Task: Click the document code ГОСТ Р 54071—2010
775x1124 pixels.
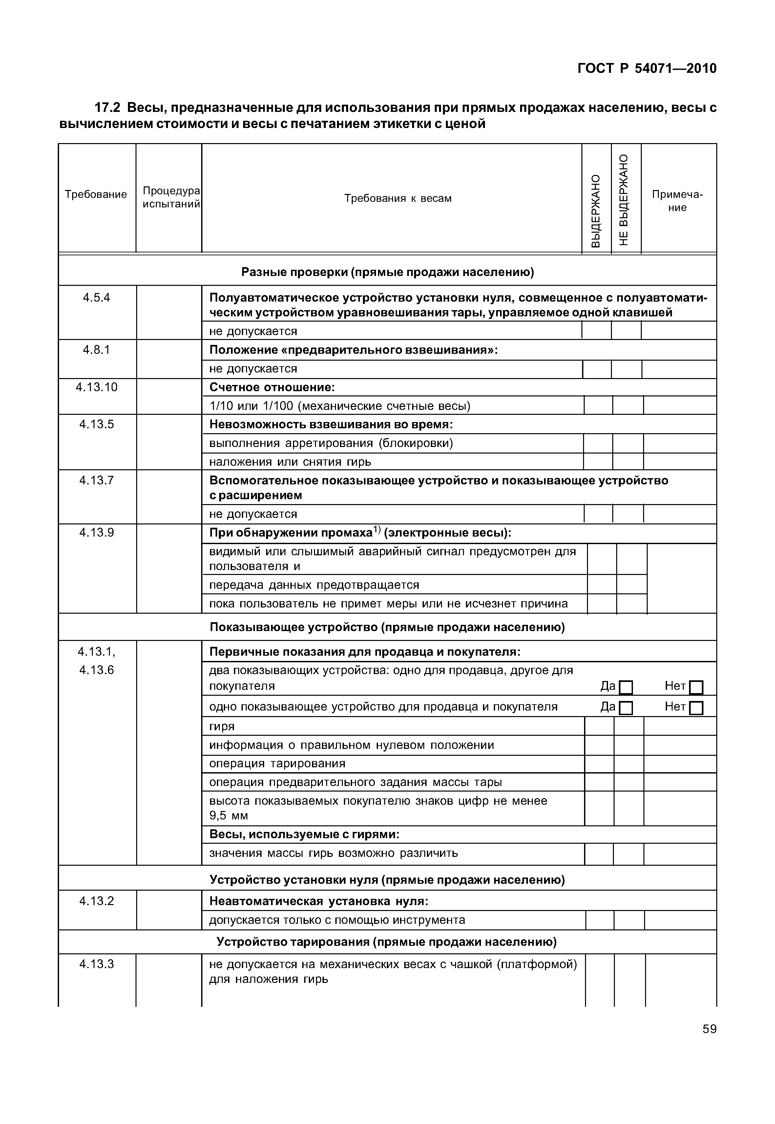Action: [647, 69]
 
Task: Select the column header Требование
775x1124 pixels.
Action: [96, 194]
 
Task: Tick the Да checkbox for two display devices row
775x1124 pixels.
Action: [626, 687]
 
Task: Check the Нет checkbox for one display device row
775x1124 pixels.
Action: [696, 708]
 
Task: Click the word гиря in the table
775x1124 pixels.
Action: [222, 726]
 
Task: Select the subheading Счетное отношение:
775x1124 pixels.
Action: [272, 387]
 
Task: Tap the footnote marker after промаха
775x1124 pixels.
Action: [377, 530]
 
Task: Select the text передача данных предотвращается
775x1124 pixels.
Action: [314, 585]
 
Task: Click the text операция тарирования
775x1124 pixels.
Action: [277, 764]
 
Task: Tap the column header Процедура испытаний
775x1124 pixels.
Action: [171, 197]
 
